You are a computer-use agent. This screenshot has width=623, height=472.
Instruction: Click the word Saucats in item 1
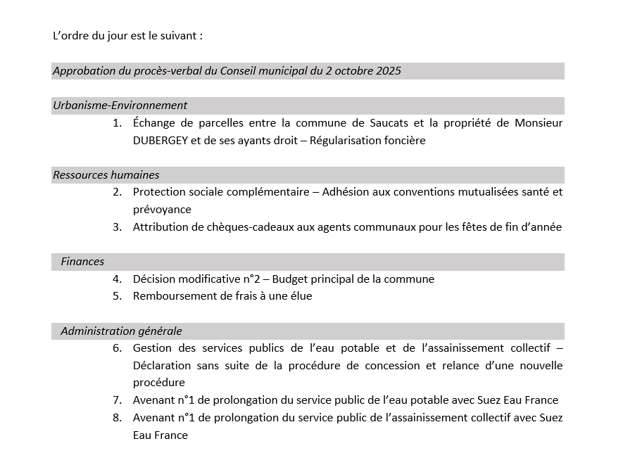coord(391,123)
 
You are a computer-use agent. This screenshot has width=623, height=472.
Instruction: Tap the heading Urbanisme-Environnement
coord(120,106)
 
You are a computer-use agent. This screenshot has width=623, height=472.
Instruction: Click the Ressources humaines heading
coord(106,175)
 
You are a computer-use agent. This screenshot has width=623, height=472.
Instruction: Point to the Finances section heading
coord(82,262)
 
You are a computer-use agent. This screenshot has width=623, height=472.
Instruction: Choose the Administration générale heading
coord(121,331)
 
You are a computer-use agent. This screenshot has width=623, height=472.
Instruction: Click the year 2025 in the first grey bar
coord(388,71)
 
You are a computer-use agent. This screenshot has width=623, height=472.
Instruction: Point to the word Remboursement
coord(169,296)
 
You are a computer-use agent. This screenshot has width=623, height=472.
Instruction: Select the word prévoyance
coord(162,210)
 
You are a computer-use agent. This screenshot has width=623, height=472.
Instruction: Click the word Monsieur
coord(539,123)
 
